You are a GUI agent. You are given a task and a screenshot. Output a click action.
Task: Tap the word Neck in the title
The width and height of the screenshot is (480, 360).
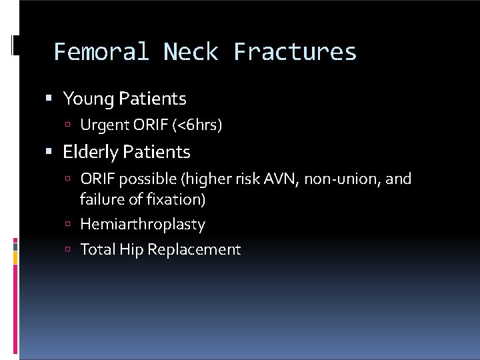(191, 52)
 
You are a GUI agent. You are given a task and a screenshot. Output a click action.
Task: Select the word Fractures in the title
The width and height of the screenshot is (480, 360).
(295, 52)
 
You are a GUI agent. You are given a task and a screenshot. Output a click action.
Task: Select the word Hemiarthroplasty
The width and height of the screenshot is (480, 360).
(142, 225)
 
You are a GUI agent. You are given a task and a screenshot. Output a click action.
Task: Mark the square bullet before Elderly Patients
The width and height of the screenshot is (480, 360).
(50, 152)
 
